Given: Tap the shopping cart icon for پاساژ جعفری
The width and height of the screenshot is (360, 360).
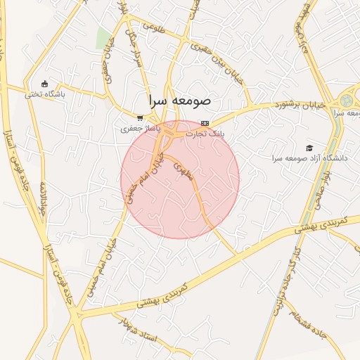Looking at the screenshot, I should [141, 118].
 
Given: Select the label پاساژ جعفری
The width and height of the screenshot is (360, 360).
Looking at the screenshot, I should [141, 129].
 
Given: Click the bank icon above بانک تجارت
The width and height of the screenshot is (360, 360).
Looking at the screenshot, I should [205, 123].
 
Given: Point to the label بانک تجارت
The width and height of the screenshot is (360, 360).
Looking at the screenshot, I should [210, 134].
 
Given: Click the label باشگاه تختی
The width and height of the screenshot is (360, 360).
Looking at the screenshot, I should [45, 94].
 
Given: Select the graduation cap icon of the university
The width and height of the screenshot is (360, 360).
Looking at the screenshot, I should [309, 148].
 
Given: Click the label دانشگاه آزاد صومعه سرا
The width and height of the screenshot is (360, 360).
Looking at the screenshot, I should [310, 158].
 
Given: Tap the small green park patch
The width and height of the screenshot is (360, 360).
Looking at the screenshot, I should [103, 38].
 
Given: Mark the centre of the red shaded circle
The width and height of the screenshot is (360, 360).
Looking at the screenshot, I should [180, 179].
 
